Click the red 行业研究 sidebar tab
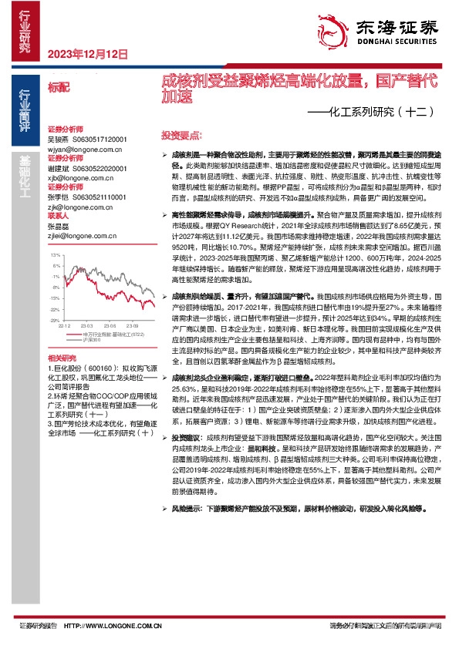(25, 31)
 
